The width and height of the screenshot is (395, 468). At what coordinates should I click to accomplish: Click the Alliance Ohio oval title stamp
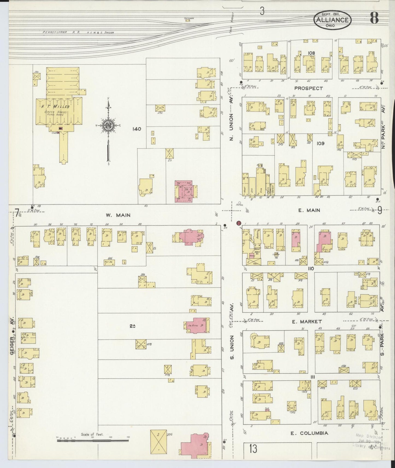[x=332, y=20]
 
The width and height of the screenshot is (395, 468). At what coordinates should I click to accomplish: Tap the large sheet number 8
[x=374, y=18]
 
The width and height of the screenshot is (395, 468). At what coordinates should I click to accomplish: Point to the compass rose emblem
[x=109, y=126]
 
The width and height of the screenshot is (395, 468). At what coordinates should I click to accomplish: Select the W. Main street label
[x=118, y=215]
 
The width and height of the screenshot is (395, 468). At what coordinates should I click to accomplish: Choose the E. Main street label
[x=308, y=210]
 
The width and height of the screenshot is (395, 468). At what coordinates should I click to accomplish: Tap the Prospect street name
[x=308, y=88]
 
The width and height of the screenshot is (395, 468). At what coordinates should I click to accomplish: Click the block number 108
[x=311, y=53]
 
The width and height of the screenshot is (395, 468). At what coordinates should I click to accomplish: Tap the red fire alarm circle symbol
[x=239, y=223]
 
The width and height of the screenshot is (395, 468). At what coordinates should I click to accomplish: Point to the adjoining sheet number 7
[x=17, y=212]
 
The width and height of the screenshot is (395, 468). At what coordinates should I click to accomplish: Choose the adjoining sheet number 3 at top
[x=262, y=11]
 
